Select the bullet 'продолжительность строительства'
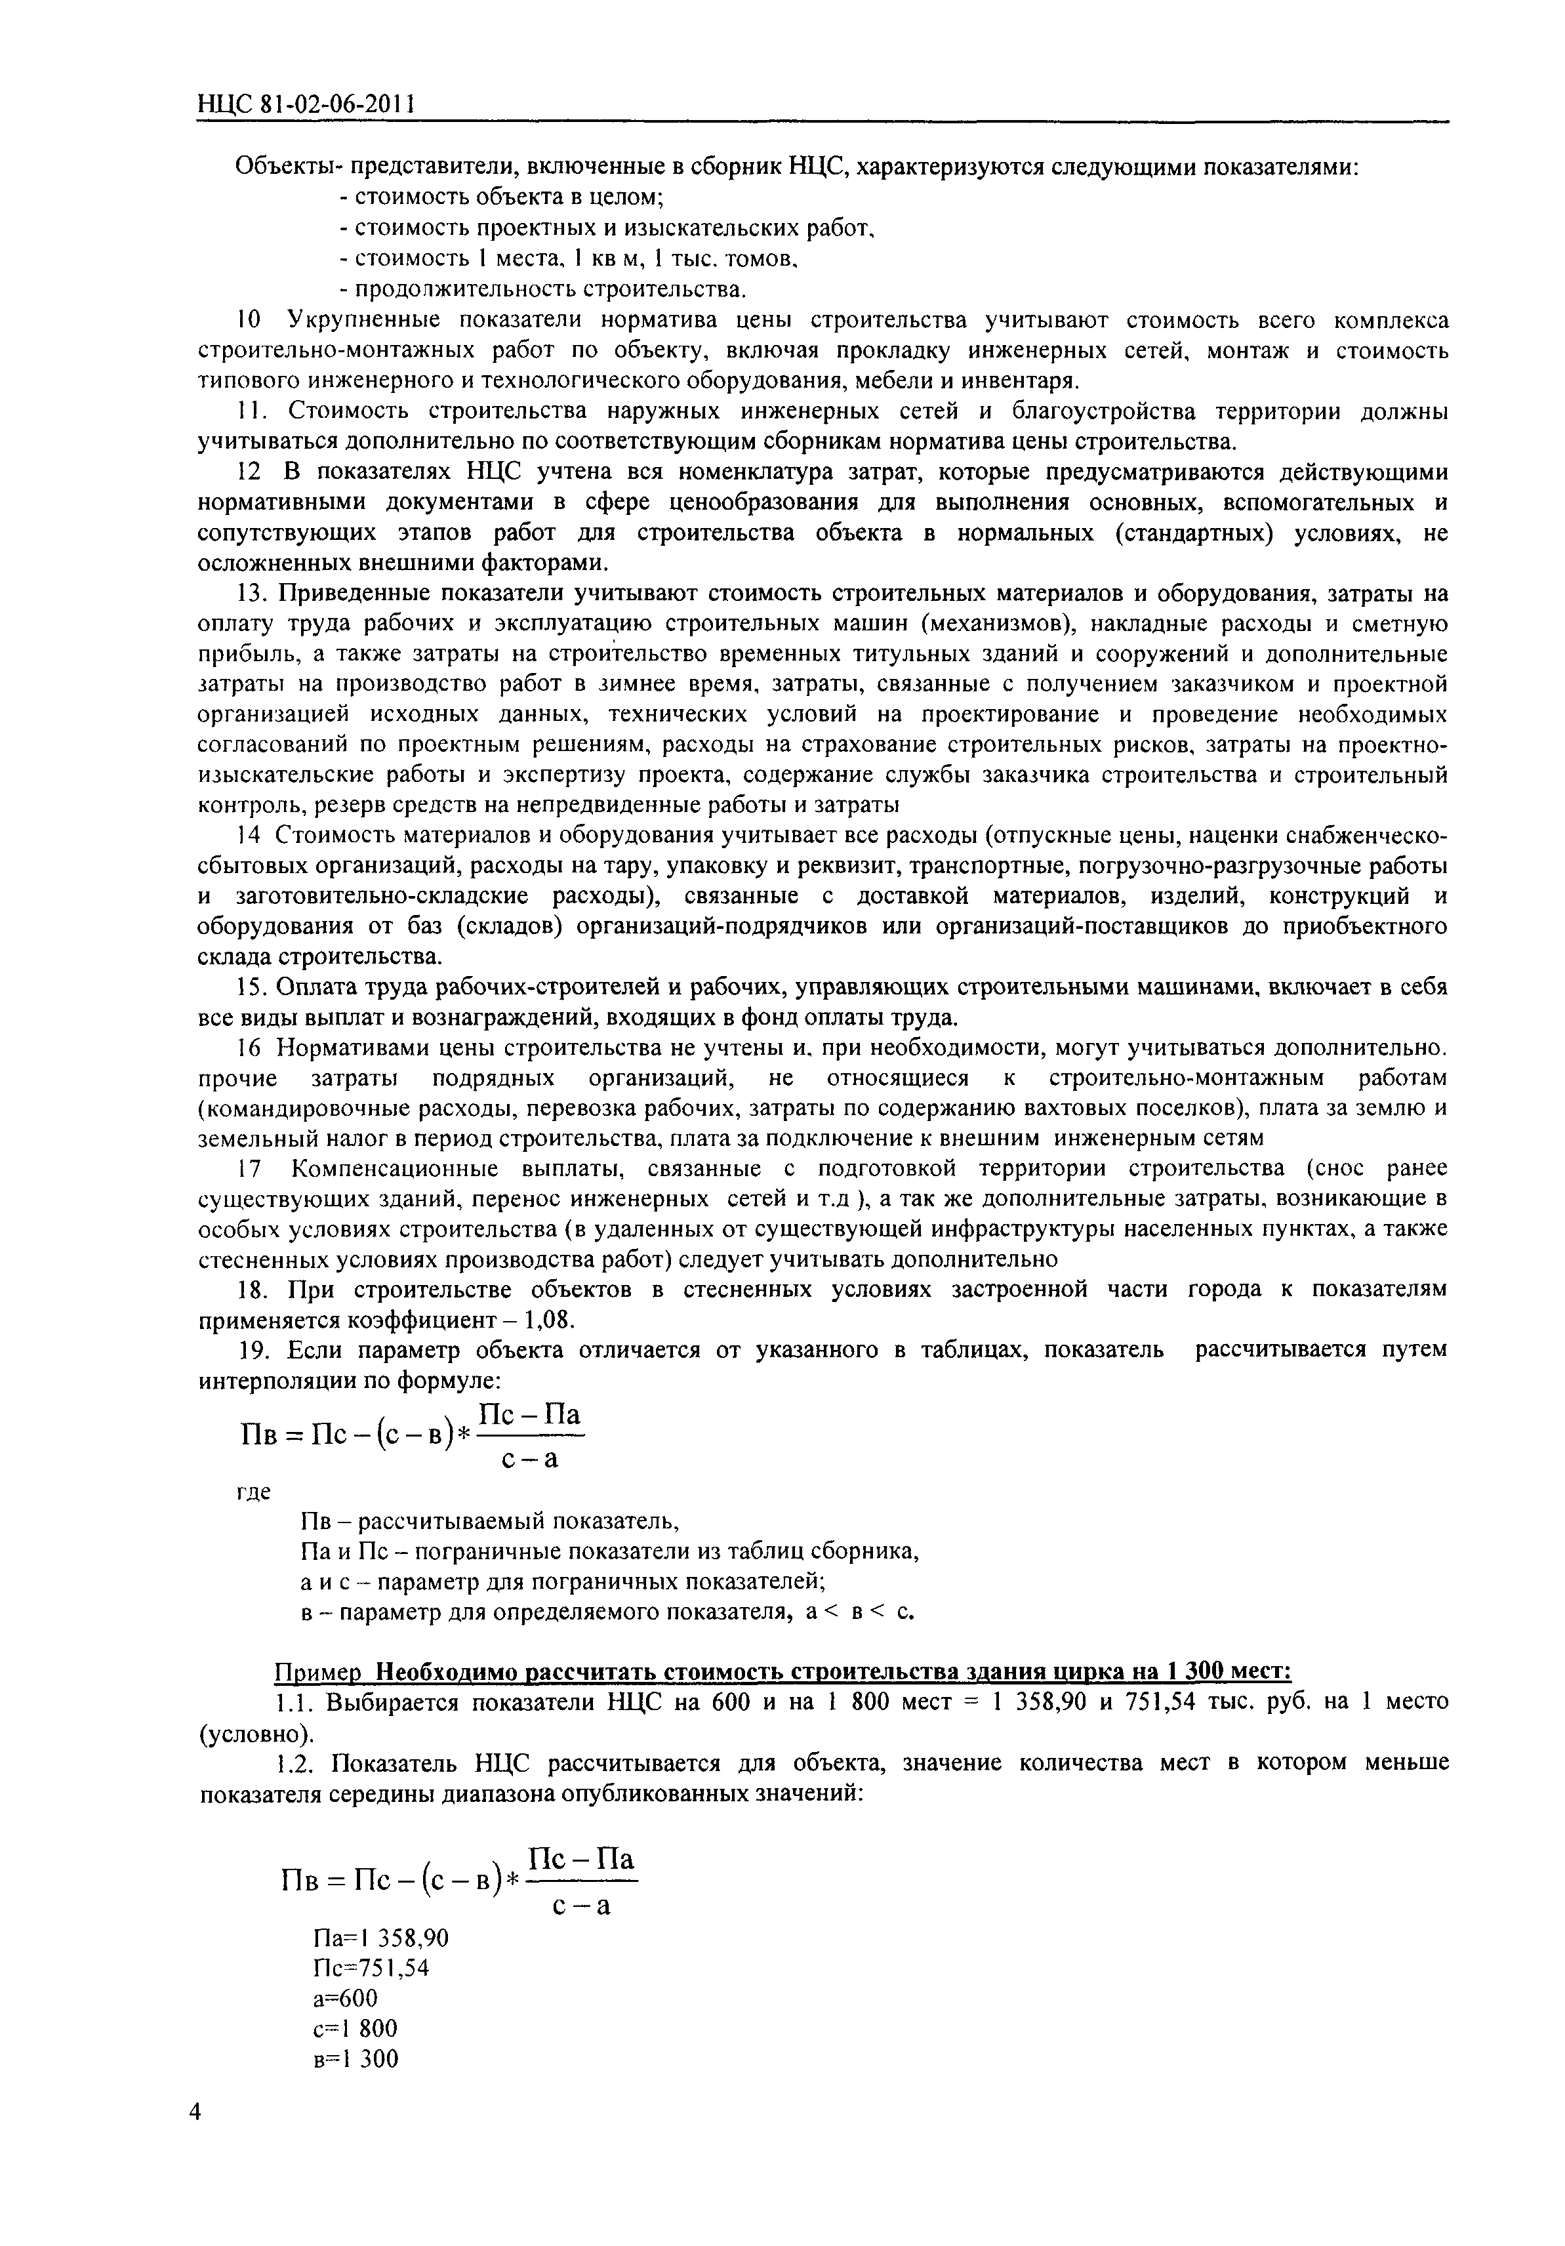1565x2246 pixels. [x=543, y=289]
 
